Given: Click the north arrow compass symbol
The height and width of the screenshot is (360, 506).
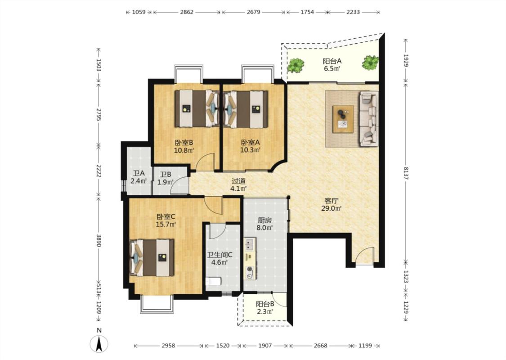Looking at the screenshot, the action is click(x=99, y=343).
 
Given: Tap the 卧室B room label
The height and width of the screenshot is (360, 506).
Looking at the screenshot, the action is click(x=184, y=142).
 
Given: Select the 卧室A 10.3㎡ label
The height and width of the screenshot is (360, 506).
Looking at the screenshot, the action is click(x=250, y=146).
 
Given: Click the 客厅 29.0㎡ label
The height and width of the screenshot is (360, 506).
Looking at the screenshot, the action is click(x=331, y=204).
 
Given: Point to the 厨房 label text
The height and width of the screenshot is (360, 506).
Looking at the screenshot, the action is click(x=264, y=220).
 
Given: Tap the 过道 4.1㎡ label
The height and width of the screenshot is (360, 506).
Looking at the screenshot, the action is click(x=238, y=185).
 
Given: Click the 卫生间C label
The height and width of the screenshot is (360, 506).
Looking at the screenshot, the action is click(x=219, y=255).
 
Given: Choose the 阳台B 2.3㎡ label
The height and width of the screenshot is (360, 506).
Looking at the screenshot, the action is click(x=265, y=308).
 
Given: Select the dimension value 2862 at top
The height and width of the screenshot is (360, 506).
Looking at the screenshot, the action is click(x=187, y=12).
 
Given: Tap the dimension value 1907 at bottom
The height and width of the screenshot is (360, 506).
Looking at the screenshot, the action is click(x=265, y=346).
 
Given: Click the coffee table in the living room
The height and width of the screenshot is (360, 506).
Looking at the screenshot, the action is click(x=343, y=119).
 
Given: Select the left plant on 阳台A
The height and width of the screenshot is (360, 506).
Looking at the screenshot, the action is click(x=296, y=65).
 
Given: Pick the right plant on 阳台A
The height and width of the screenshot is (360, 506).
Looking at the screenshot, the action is click(x=370, y=63).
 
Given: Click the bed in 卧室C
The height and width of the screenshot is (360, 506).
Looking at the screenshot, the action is click(x=152, y=258).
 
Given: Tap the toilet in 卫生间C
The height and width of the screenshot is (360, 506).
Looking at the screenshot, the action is click(x=213, y=281).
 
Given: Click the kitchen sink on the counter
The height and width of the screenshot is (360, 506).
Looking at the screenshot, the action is click(x=250, y=244).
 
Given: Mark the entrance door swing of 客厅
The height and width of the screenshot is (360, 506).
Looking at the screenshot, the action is click(x=364, y=256).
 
